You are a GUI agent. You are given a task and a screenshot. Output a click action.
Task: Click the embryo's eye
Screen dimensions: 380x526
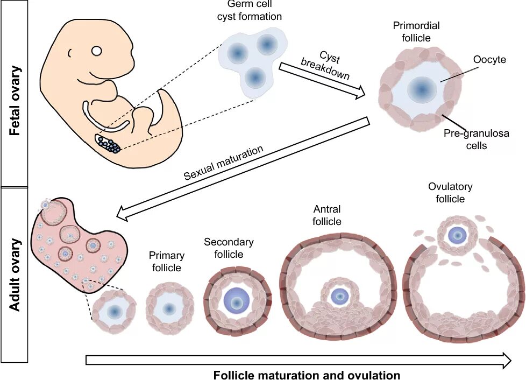tap(96, 51)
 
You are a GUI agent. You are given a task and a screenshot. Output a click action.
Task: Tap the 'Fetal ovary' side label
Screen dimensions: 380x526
tap(15, 101)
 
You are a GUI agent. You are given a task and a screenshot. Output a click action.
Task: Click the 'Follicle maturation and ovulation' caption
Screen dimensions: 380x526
tap(307, 375)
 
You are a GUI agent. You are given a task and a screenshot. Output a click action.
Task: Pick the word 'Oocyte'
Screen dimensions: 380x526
tap(489, 60)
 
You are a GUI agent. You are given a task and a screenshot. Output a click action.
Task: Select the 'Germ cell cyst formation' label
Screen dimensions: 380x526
tap(249, 10)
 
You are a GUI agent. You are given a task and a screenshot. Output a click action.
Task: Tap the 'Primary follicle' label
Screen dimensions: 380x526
tap(167, 261)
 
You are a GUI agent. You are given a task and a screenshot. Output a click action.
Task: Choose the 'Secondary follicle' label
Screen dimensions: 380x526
tap(229, 248)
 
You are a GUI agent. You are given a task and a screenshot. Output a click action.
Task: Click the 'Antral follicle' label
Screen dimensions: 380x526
tap(327, 215)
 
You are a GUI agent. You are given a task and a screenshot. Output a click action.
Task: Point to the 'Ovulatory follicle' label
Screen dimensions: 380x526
tap(450, 193)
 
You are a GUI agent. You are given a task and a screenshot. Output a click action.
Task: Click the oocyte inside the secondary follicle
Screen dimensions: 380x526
tap(235, 301)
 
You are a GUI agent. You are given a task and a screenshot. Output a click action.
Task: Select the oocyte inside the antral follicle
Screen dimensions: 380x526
tap(339, 295)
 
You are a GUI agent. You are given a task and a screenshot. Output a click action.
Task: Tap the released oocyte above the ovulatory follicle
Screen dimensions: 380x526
tap(458, 235)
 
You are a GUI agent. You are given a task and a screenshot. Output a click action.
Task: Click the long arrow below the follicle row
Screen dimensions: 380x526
tap(298, 360)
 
